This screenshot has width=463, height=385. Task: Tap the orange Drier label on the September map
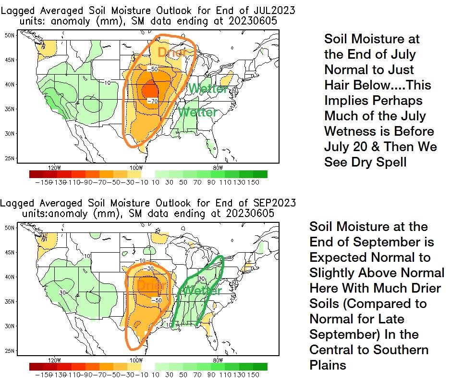[x=151, y=285]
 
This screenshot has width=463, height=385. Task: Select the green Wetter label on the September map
[x=202, y=291]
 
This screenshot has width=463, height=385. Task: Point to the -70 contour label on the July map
[x=153, y=102]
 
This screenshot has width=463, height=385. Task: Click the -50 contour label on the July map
[x=152, y=69]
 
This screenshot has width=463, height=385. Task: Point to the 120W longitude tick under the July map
[x=55, y=167]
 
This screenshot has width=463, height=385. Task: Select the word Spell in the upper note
[x=390, y=162]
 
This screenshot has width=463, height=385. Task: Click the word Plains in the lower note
[x=328, y=365]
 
